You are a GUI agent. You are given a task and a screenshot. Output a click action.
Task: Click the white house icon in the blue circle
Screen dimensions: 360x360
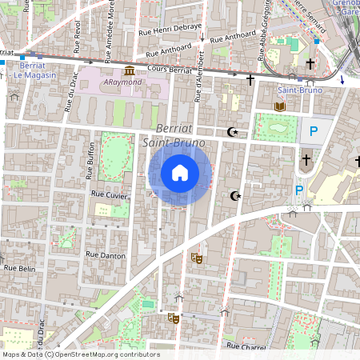click(180, 172)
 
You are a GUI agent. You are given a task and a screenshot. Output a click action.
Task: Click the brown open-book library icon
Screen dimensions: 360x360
click(279, 106)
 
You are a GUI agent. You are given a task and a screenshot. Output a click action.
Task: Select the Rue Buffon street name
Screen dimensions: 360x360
click(90, 157)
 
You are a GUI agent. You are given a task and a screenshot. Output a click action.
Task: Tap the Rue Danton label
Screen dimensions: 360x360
click(100, 255)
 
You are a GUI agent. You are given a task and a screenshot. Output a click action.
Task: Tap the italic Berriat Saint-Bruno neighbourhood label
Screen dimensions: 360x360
click(174, 135)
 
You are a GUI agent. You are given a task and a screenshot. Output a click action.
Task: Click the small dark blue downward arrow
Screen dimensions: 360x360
click(343, 79)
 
